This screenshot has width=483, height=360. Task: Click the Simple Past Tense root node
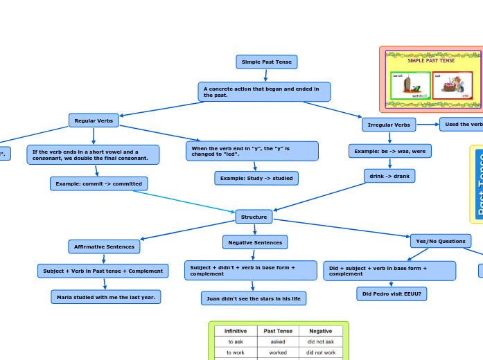pos(266,62)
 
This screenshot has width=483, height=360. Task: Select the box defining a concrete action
pos(263,91)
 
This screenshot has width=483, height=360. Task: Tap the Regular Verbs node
pos(94,120)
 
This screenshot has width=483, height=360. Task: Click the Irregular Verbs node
pos(389,125)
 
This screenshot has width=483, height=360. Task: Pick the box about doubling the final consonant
pos(93,154)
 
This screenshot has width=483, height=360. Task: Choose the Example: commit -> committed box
pos(98,183)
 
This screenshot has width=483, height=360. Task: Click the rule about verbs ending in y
pos(252,151)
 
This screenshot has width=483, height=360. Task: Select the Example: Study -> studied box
pos(256,178)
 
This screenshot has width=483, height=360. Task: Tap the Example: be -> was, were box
pos(389,150)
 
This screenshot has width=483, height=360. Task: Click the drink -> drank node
pos(389,176)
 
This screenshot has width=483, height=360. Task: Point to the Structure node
pos(254,217)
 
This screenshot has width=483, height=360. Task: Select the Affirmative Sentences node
pos(104,246)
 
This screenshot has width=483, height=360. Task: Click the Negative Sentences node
pos(254,242)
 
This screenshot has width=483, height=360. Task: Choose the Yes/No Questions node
pos(441,241)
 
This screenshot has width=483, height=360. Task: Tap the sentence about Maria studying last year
pos(105,296)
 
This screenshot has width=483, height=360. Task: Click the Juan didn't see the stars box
pos(254,298)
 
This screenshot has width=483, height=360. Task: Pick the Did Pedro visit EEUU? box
pos(392,294)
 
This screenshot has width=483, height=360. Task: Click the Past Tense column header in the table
pos(278,331)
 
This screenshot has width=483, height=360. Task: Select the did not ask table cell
pos(321,341)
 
